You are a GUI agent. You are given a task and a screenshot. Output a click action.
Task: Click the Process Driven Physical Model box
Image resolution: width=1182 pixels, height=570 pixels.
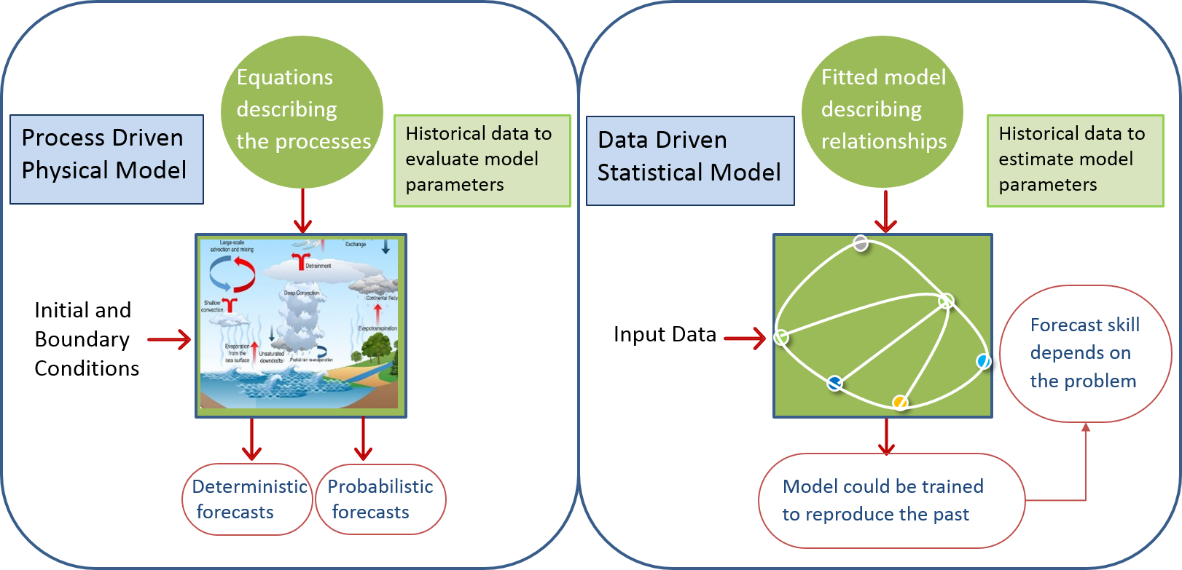106,159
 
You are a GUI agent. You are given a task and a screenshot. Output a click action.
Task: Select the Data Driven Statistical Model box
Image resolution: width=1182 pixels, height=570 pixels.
690,160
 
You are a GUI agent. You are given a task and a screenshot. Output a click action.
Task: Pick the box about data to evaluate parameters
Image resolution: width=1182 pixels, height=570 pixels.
482,160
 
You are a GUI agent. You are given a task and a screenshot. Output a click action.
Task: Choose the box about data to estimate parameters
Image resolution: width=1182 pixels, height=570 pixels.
1075,160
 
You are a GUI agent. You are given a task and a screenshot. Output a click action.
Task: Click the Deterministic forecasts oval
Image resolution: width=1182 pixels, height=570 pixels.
248,499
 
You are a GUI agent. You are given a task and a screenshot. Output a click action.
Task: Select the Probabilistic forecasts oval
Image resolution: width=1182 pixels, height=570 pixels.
380,499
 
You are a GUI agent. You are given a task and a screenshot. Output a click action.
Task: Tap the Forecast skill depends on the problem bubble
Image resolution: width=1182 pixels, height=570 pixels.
1085,353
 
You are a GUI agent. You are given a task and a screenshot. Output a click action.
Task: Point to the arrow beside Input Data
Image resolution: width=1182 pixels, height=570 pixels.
745,338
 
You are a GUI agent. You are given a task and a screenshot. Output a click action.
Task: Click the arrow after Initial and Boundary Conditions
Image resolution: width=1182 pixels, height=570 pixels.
169,339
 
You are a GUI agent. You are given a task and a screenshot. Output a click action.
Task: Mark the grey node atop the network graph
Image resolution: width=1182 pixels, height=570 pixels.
861,243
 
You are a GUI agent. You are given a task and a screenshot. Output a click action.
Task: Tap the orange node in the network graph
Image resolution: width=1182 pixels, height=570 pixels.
901,403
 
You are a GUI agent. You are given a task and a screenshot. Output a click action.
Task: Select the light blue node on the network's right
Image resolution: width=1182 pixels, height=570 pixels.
984,361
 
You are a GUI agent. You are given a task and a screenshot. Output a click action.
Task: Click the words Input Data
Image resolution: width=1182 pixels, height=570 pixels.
665,334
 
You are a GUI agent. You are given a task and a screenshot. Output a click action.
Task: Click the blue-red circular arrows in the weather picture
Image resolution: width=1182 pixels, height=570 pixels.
232,275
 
